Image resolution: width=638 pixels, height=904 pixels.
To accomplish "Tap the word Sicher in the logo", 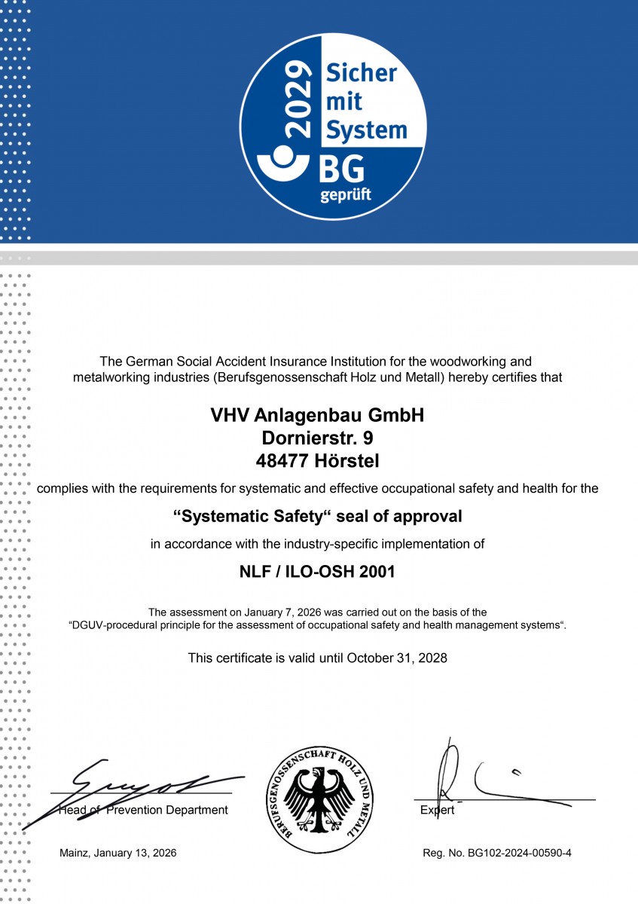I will click(361, 73).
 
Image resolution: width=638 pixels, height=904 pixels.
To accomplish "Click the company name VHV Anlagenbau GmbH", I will click(317, 415).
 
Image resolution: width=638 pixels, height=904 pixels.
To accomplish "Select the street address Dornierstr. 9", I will click(317, 437).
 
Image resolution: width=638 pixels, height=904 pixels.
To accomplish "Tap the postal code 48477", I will click(283, 459).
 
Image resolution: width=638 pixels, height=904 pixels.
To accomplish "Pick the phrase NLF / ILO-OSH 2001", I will click(317, 572).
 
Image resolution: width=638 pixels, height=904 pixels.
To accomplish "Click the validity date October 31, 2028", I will click(397, 658).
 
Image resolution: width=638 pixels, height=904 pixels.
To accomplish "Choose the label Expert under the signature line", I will click(438, 811).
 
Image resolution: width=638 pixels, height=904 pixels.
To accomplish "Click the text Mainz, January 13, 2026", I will click(118, 853).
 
